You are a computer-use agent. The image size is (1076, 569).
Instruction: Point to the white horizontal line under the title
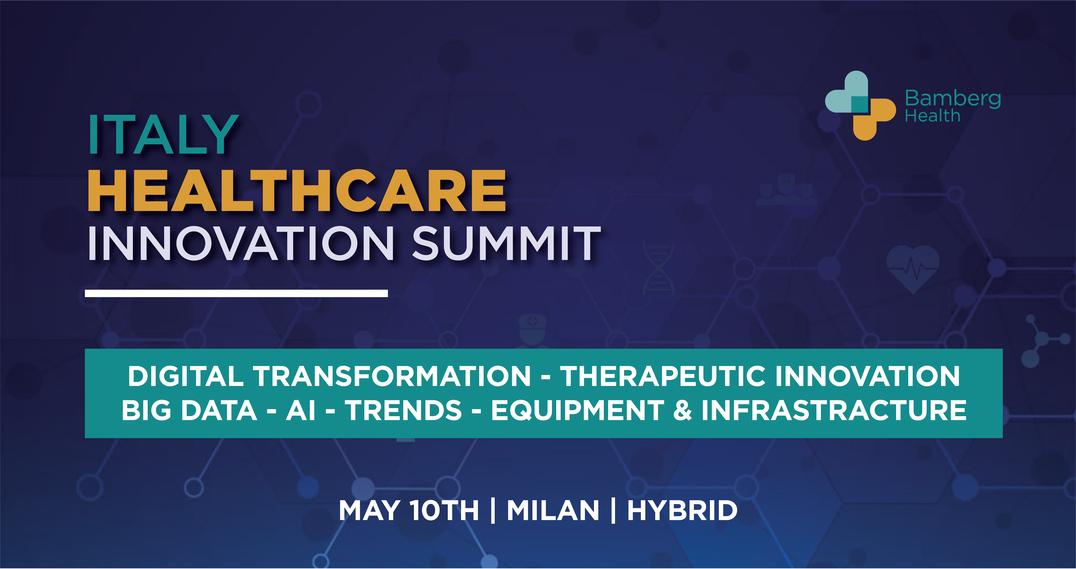coord(236,293)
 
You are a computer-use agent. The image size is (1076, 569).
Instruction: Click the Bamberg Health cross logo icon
coord(860,106)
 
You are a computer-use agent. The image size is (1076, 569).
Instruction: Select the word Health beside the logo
coord(932,116)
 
